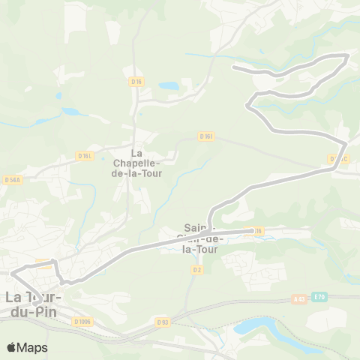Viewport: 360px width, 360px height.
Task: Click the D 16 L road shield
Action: pyautogui.click(x=85, y=156)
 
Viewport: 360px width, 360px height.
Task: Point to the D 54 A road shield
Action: pyautogui.click(x=11, y=180)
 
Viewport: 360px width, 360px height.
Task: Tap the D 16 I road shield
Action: pyautogui.click(x=207, y=136)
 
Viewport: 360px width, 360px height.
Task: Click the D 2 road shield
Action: pyautogui.click(x=197, y=269)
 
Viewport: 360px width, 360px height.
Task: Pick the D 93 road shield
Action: pyautogui.click(x=163, y=322)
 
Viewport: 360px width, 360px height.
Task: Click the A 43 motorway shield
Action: pyautogui.click(x=298, y=298)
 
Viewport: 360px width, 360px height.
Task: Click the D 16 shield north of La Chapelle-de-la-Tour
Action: pyautogui.click(x=136, y=81)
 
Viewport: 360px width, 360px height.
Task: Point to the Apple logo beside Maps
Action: pyautogui.click(x=10, y=347)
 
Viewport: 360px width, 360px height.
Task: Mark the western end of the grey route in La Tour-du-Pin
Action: pyautogui.click(x=10, y=273)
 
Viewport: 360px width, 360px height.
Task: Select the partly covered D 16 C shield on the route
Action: pyautogui.click(x=337, y=159)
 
